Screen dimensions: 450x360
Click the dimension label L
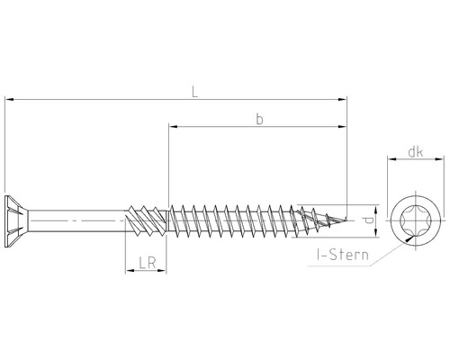[x=195, y=92]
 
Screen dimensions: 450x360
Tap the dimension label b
[x=260, y=119]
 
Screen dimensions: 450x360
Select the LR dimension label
[x=148, y=263]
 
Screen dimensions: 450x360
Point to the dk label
[x=416, y=152]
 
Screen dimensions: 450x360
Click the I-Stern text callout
[x=343, y=255]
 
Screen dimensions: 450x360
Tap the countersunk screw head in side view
[x=16, y=221]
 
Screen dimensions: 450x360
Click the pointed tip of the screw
[x=346, y=220]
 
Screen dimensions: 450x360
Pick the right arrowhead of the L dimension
[x=342, y=99]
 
